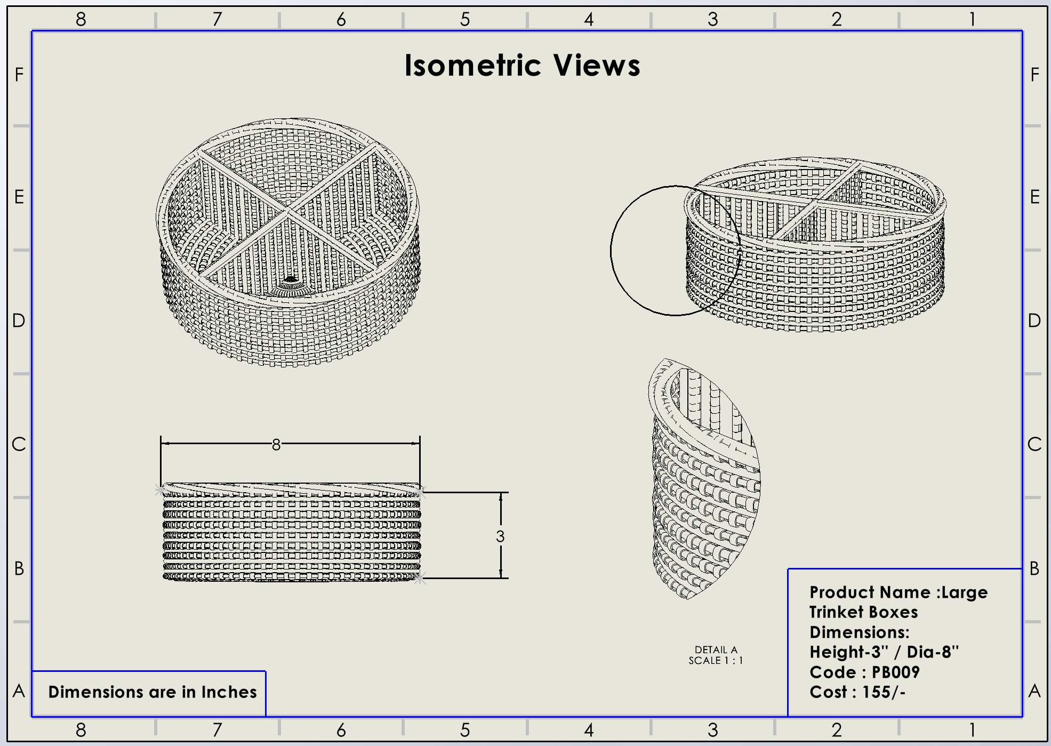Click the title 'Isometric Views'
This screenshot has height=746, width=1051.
tap(522, 66)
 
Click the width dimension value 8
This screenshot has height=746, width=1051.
tap(276, 444)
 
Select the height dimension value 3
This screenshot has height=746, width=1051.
tap(500, 536)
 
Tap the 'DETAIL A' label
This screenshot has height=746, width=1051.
tap(716, 649)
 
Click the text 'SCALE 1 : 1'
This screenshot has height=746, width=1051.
tap(716, 661)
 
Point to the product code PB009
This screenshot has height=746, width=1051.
tap(895, 672)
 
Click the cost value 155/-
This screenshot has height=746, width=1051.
tap(884, 692)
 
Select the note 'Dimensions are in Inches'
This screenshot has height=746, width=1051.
tap(153, 692)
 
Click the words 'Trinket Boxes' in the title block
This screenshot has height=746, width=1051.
tap(863, 612)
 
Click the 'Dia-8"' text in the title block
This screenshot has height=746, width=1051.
tap(933, 652)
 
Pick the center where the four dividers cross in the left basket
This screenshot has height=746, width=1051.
tap(288, 212)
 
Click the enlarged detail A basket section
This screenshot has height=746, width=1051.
tap(704, 480)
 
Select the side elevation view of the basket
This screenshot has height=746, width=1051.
tap(291, 533)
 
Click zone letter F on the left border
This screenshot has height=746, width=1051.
tap(19, 75)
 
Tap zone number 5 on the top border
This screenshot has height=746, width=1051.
tap(465, 20)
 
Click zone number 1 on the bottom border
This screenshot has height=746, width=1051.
tap(973, 729)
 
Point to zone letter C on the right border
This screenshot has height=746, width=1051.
tap(1034, 444)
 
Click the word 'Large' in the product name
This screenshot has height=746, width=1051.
tap(965, 592)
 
